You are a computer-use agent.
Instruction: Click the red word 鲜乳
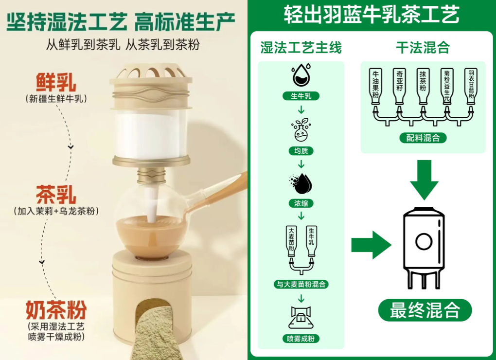pos(56,82)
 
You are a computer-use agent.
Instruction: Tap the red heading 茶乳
pos(56,195)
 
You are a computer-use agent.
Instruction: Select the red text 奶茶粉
pos(56,310)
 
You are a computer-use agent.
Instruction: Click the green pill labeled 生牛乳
pos(301,96)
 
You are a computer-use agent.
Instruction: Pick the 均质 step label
pos(301,151)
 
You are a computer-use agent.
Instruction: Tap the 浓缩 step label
pos(301,203)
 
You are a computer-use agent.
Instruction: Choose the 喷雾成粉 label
pos(301,339)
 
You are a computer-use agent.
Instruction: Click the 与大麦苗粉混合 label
pos(301,284)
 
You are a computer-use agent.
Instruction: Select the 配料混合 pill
pos(423,138)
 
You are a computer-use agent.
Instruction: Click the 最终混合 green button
pos(425,310)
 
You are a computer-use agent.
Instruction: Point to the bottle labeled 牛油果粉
pos(375,86)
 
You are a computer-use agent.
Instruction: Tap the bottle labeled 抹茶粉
pos(423,86)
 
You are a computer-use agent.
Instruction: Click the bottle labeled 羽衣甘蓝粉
pos(471,86)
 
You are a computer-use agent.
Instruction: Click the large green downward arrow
pos(424,179)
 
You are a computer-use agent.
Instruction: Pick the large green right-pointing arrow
pos(372,245)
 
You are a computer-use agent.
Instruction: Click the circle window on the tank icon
pos(424,242)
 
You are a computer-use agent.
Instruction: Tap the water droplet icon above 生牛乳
pos(301,75)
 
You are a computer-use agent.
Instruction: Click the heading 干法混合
pos(423,48)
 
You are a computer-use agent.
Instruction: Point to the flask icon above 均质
pos(301,130)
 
